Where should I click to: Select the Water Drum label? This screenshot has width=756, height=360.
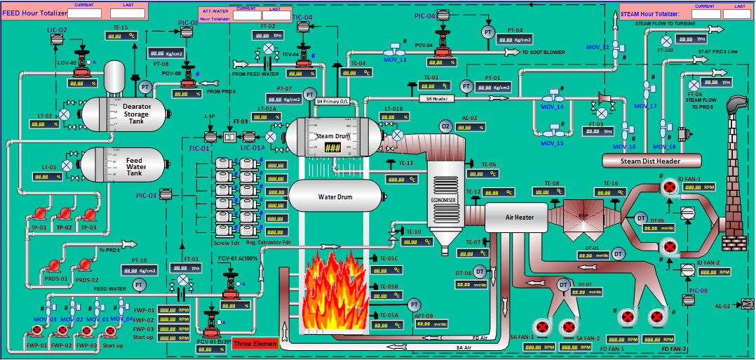(335, 196)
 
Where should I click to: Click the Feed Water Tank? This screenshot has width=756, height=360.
(124, 167)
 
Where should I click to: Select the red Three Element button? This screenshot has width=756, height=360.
(256, 344)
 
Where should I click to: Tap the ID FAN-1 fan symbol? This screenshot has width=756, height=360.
(669, 188)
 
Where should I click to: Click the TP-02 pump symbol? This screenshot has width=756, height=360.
(65, 215)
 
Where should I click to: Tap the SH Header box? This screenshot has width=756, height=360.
(436, 98)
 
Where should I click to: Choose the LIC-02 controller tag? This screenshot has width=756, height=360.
(58, 30)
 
